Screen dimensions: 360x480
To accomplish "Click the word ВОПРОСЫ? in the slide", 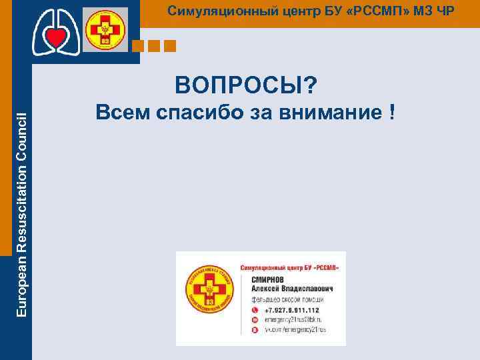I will click(246, 85).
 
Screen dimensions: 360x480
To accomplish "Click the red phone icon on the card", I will click(254, 310).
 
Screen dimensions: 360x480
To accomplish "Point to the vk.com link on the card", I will click(291, 329).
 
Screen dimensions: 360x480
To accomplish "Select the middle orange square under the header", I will click(154, 46).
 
